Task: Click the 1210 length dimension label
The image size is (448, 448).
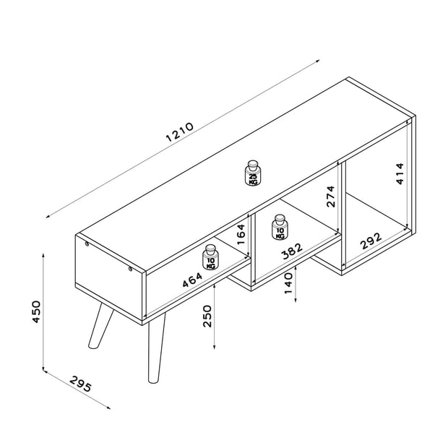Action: tap(180, 132)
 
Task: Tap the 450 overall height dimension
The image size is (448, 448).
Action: tap(36, 311)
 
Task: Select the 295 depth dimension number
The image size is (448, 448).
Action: tap(81, 384)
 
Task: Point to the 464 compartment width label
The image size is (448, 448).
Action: tap(192, 280)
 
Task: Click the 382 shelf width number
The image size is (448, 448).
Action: tap(292, 251)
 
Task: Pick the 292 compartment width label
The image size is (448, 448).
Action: tap(371, 241)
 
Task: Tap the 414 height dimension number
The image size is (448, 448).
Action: tap(400, 173)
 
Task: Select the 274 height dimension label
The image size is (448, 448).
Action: tap(330, 197)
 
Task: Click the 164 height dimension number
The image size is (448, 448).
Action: tap(241, 234)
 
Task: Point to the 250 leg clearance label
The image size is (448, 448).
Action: tap(207, 316)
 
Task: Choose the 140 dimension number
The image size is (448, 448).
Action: tap(288, 283)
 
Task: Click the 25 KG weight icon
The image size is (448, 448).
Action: tap(253, 173)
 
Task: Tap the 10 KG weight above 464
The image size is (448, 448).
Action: tap(210, 257)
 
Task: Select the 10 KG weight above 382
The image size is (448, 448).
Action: tap(280, 227)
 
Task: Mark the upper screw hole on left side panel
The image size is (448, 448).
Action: tap(87, 244)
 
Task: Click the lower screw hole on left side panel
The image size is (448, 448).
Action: tap(130, 269)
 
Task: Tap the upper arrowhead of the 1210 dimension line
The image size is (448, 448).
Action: tap(317, 61)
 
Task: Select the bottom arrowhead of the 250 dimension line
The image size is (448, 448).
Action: tap(215, 347)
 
